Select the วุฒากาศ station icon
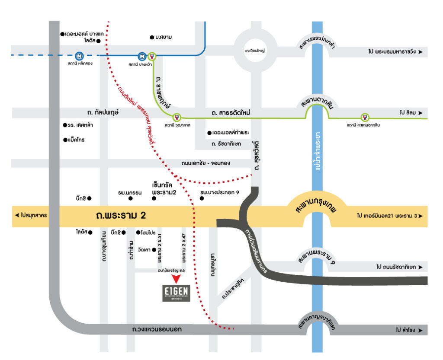[x=176, y=117]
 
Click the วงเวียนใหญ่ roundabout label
[x=254, y=51]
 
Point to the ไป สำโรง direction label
[x=408, y=330]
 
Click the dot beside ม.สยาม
[x=151, y=37]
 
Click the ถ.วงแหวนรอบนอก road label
[x=157, y=330]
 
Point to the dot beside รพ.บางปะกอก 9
[x=202, y=198]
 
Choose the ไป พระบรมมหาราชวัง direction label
[x=395, y=52]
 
